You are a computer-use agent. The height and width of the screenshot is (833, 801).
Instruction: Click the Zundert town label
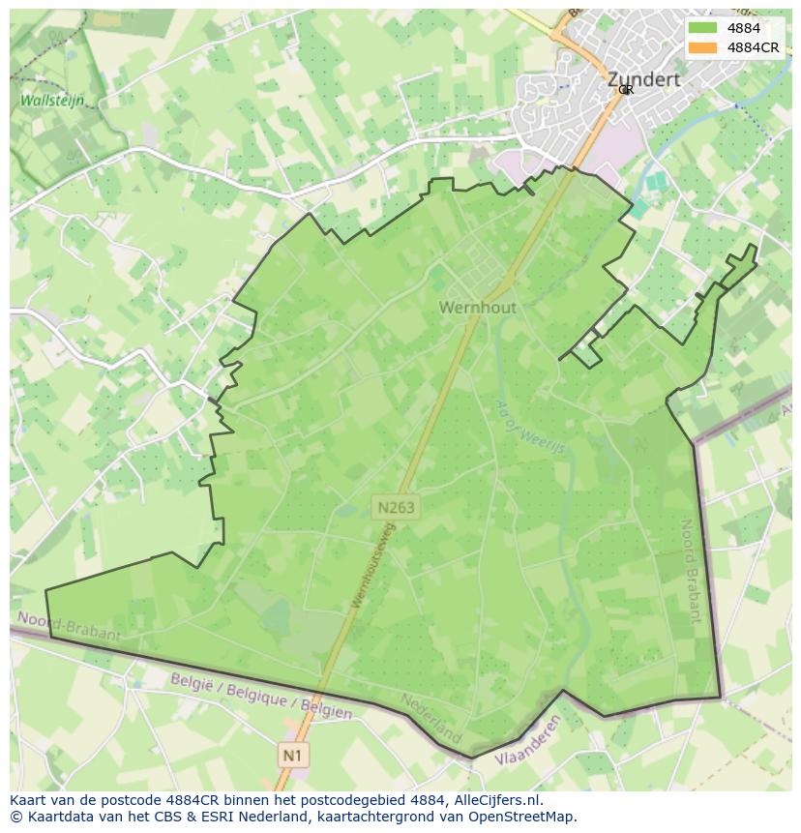(643, 79)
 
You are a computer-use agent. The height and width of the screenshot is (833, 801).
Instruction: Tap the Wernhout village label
(478, 308)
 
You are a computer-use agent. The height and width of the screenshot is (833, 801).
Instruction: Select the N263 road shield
(396, 506)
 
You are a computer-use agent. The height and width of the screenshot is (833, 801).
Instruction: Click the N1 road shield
(293, 754)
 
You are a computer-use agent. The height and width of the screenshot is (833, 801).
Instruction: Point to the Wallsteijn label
(52, 101)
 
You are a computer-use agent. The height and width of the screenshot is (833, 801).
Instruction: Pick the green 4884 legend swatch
(703, 28)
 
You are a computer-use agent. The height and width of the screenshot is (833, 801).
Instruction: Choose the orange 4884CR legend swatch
(703, 47)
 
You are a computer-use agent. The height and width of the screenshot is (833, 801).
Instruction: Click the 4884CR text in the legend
(753, 47)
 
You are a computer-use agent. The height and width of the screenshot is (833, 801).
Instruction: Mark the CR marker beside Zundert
(626, 90)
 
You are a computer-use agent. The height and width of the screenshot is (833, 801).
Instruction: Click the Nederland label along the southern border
(431, 718)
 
